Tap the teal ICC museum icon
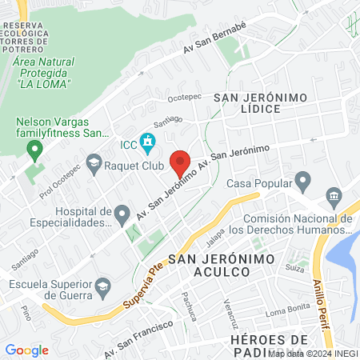[x=147, y=144]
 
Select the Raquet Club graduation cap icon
[x=94, y=162]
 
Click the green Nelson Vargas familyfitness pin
[x=34, y=149]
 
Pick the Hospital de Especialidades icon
[x=122, y=214]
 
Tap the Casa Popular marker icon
[x=302, y=181]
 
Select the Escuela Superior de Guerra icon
[x=102, y=286]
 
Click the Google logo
[x=27, y=350]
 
